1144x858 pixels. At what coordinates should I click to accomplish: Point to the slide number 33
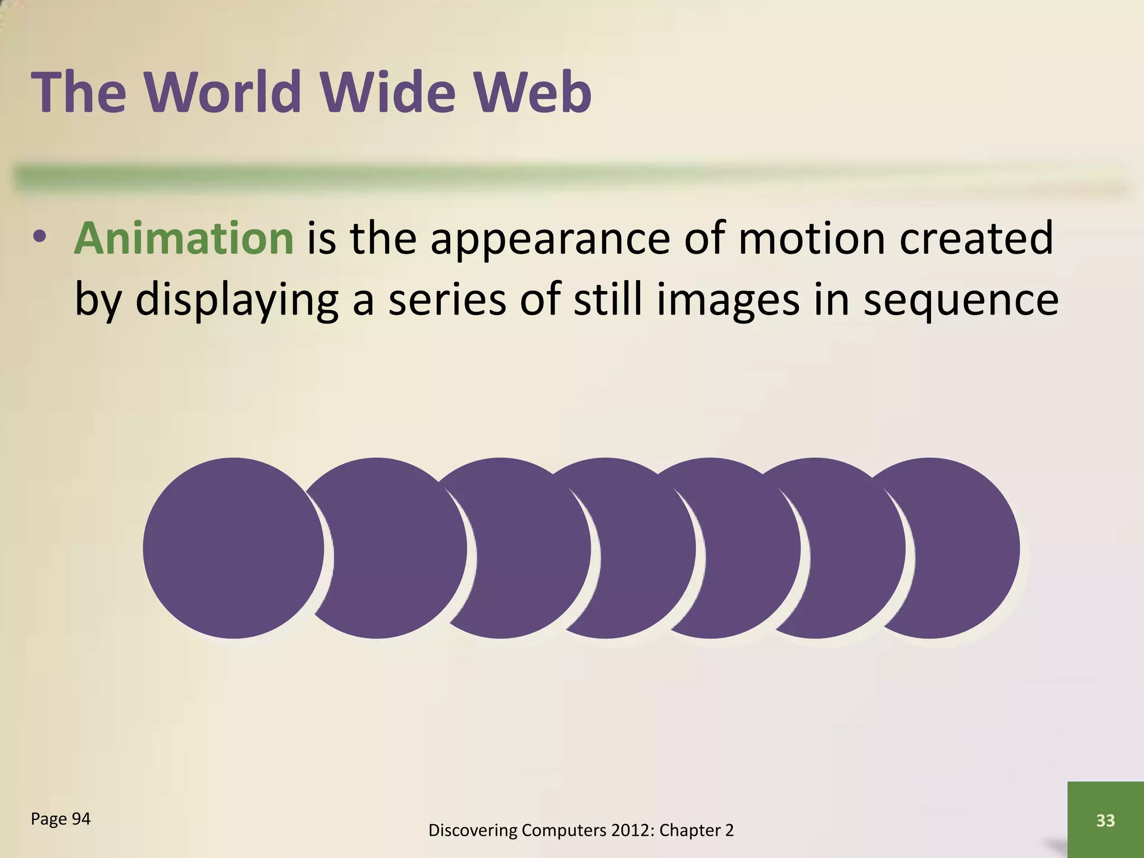pos(1105,820)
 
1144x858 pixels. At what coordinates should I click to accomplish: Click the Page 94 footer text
pos(60,819)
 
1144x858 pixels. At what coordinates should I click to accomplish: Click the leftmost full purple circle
pos(233,548)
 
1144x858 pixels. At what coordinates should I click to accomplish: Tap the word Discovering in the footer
pos(473,831)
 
